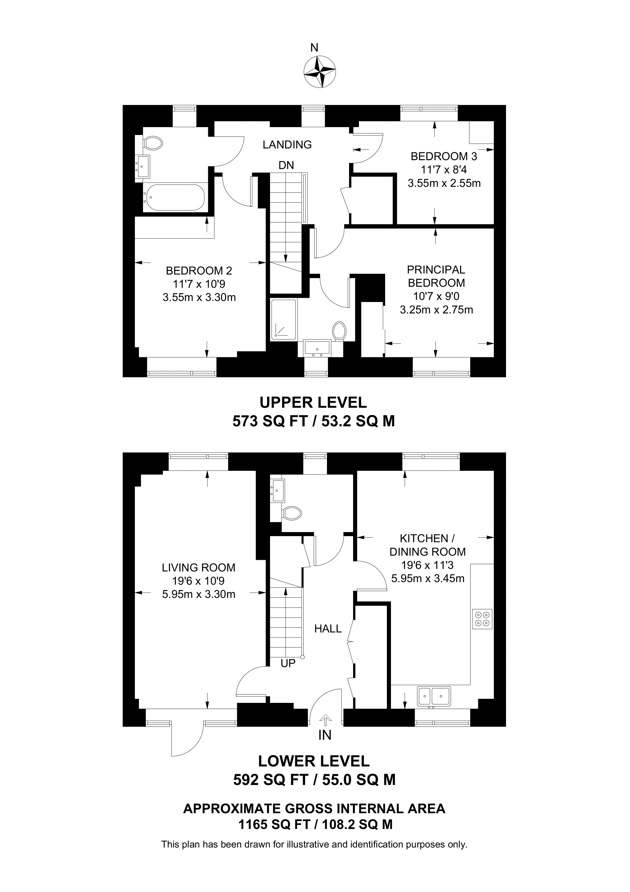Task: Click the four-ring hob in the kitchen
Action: click(482, 619)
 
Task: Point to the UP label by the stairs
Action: click(288, 663)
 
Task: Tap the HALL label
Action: click(328, 629)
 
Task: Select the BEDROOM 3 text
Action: click(444, 156)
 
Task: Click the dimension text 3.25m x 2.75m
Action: click(436, 310)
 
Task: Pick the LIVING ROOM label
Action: click(199, 568)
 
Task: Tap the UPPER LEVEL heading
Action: click(313, 403)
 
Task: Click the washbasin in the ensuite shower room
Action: click(317, 348)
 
